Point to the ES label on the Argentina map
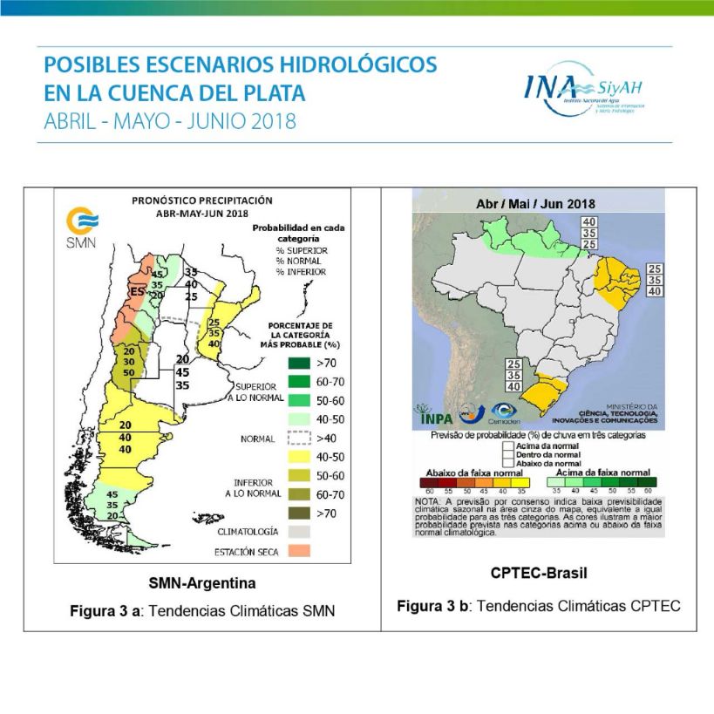[x=137, y=291]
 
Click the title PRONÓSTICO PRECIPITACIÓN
[x=196, y=200]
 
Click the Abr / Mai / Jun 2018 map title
[x=529, y=203]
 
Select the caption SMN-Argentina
[x=201, y=582]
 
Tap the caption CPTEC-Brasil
[x=538, y=574]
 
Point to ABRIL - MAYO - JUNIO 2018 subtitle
[x=170, y=120]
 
